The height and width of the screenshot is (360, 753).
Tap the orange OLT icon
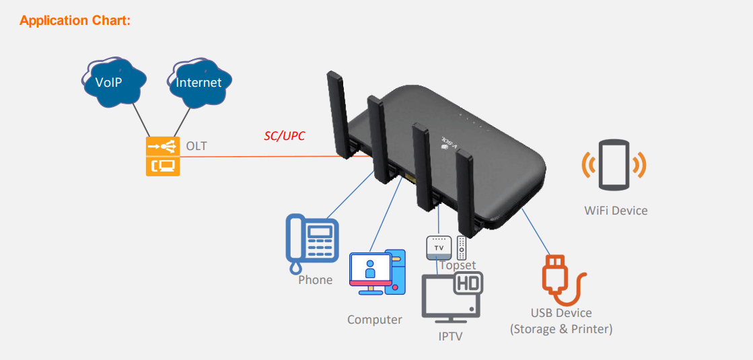(162, 156)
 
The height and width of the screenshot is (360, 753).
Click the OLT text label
(196, 146)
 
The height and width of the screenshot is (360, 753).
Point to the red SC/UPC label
(284, 136)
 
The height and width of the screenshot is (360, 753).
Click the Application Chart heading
(75, 21)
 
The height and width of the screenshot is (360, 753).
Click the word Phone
(316, 279)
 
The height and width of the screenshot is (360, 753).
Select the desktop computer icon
(378, 273)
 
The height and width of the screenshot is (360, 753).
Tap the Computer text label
(375, 320)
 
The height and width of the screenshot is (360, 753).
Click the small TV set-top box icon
(439, 248)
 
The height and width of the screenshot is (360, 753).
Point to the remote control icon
(462, 248)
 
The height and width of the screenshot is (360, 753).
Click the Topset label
(458, 265)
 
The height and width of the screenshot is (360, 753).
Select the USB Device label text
(561, 313)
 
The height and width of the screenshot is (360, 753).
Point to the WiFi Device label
(616, 211)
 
